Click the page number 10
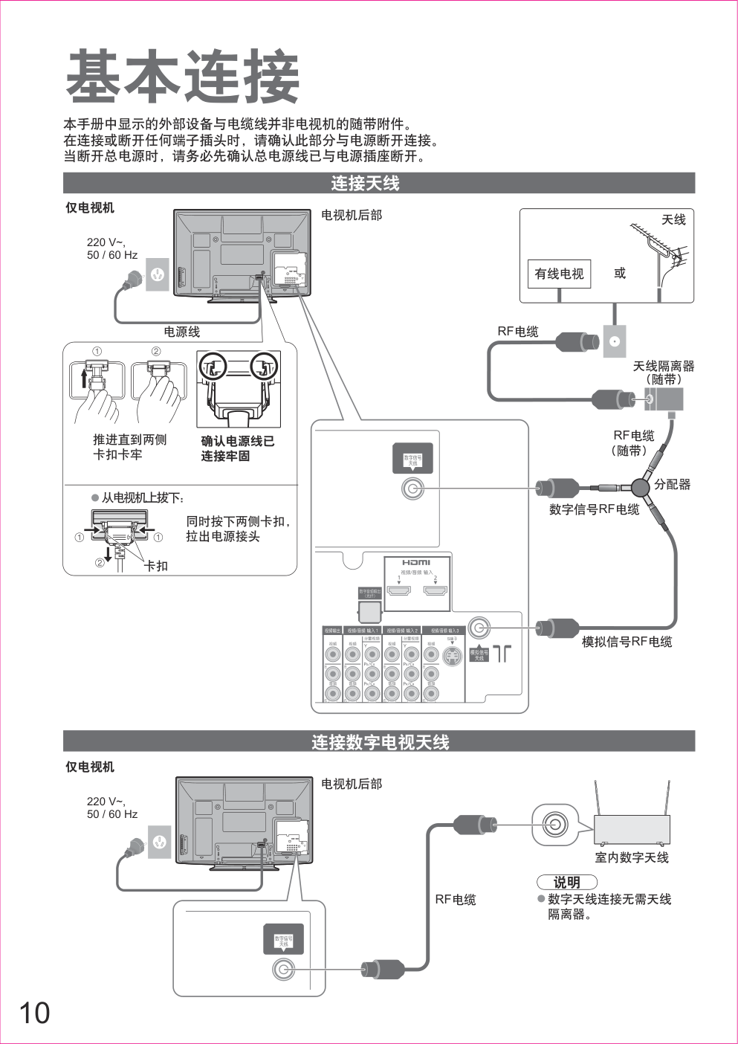point(34,1013)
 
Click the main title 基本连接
point(183,77)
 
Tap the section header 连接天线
point(365,183)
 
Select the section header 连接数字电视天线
point(380,742)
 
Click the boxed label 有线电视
point(559,274)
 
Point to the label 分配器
point(673,484)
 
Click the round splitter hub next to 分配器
point(641,488)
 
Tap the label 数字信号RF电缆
point(594,509)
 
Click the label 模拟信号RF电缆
point(627,642)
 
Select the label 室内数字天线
point(632,857)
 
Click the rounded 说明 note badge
point(567,882)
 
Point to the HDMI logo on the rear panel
point(416,563)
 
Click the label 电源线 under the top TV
point(182,332)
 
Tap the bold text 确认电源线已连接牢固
point(238,448)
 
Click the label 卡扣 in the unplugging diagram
point(156,566)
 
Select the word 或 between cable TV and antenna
point(620,273)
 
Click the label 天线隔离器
point(664,366)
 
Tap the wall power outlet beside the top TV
point(157,274)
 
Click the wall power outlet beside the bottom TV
point(159,842)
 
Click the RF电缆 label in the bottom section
point(456,900)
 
